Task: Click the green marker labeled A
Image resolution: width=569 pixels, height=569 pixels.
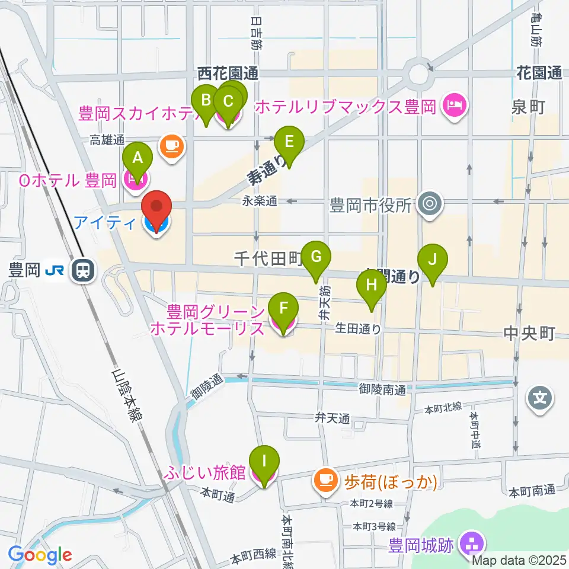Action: (138, 158)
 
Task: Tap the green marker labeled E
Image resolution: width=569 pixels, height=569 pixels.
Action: (289, 142)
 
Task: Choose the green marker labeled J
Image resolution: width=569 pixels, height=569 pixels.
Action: (433, 260)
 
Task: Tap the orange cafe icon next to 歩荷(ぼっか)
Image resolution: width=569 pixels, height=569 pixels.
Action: (325, 478)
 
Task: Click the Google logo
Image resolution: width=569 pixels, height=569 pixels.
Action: (40, 555)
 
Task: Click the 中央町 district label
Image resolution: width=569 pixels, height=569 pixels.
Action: (529, 334)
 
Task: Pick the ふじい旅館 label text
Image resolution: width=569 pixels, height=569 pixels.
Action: (206, 473)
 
